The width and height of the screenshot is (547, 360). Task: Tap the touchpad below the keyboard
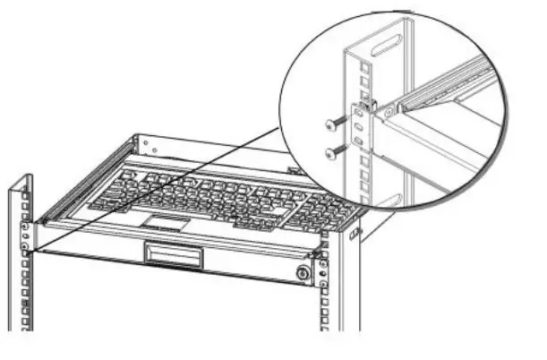coord(164,219)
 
